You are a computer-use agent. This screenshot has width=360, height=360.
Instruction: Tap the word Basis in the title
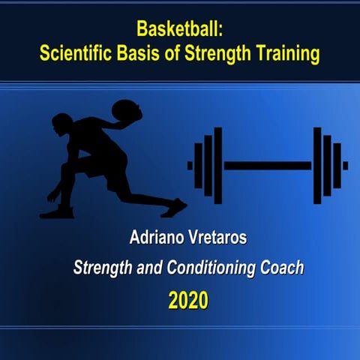149,54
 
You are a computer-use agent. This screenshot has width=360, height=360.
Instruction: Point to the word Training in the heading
287,54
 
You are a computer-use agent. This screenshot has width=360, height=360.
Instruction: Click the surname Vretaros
209,241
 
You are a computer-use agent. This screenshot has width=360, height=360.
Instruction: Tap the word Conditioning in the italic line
212,268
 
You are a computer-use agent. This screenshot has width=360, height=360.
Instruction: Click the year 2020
187,301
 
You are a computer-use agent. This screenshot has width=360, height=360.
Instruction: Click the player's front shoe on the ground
57,212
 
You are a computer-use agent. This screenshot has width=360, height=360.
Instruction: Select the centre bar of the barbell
268,165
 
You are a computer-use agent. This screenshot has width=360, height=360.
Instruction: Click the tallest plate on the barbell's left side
217,165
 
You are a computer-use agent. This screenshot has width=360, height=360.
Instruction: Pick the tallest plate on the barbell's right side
317,165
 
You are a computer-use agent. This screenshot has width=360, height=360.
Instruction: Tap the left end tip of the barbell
190,165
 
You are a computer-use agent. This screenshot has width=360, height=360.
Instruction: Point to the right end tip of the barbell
345,165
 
